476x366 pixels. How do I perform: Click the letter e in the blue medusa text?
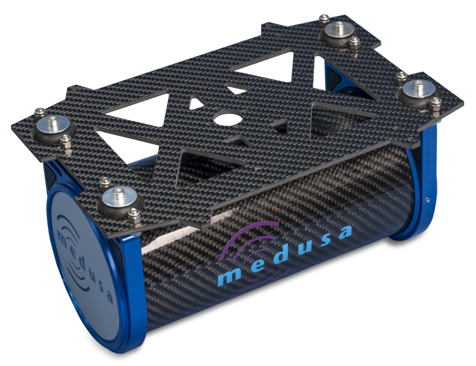click(257, 267)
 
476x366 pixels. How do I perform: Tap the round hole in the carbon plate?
click(228, 118)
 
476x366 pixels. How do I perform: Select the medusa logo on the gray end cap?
click(83, 258)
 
